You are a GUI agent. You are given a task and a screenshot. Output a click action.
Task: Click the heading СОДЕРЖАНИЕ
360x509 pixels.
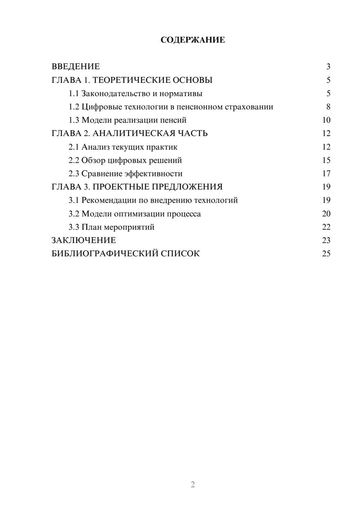point(193,40)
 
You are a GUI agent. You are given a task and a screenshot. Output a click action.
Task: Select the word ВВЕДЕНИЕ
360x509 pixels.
point(76,67)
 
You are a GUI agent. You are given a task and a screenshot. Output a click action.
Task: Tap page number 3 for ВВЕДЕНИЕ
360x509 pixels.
point(328,67)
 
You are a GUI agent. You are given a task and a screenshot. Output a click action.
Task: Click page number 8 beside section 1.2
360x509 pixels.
point(328,107)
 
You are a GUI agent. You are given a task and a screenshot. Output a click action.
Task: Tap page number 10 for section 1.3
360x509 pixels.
point(326,120)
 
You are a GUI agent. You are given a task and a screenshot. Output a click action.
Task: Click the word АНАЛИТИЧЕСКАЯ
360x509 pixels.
point(134,134)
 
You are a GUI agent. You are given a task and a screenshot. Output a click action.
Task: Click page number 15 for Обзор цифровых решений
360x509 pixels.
point(326,160)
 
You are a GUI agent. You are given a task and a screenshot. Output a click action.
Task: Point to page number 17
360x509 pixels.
point(326,174)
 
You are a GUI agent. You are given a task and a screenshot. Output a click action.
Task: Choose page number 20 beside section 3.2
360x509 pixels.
point(326,214)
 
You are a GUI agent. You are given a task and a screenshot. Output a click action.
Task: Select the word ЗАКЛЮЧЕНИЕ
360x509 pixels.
point(84,240)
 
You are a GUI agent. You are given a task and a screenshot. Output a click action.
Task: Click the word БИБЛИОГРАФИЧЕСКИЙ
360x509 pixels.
point(105,253)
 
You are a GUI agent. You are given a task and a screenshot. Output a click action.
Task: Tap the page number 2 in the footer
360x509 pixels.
point(193,485)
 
